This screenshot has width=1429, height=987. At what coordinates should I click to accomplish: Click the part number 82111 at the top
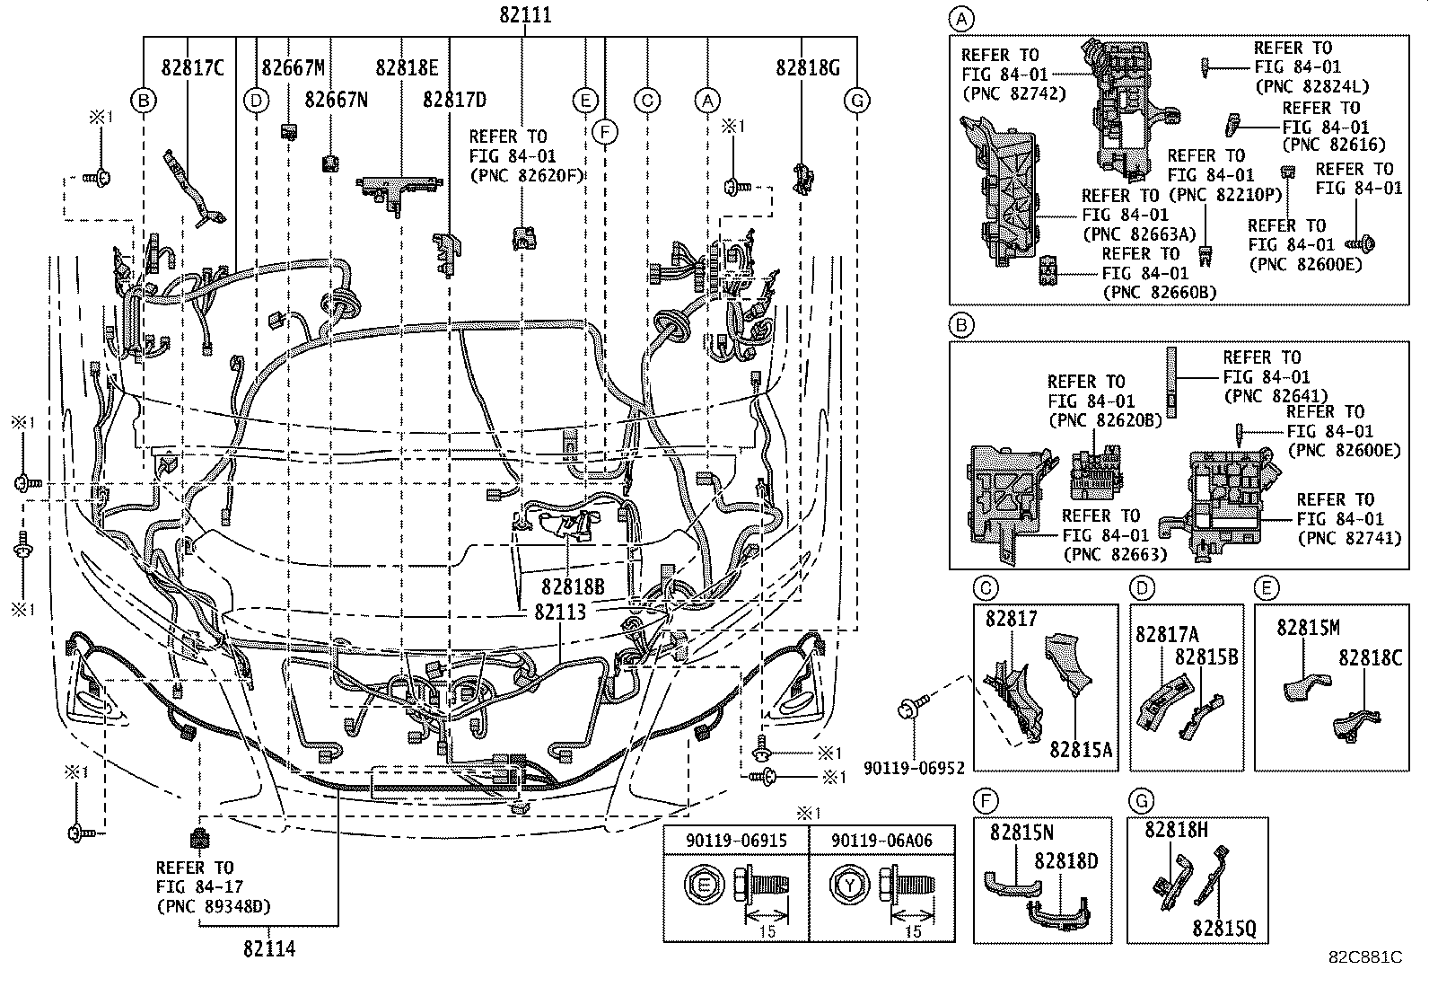(525, 14)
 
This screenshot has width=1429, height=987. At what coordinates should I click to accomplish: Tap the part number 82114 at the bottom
(269, 948)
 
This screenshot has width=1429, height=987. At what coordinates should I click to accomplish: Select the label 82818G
(808, 67)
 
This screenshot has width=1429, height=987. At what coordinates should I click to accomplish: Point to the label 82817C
(193, 67)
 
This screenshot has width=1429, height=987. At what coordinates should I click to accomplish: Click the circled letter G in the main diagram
(856, 101)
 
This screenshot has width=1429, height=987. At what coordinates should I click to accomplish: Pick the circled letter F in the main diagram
(605, 132)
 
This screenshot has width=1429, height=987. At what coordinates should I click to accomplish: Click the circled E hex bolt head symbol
(705, 886)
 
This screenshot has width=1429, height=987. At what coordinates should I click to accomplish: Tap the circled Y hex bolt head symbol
(849, 886)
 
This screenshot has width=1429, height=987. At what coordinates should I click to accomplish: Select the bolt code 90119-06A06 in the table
(881, 841)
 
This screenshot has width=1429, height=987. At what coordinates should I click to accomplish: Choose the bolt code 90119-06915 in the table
(736, 841)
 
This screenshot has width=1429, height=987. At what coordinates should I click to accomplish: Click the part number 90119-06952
(914, 768)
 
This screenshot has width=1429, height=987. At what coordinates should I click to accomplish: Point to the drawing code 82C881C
(1366, 957)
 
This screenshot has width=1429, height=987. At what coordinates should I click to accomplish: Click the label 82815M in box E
(1308, 628)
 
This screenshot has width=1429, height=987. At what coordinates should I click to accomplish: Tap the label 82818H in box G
(1177, 829)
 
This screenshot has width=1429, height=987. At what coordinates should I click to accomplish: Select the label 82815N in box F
(1022, 833)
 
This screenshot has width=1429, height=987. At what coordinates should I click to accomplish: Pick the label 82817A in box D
(1167, 634)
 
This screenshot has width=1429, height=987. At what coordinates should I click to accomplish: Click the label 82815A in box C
(1081, 749)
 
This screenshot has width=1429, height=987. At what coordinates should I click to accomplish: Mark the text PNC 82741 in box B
(1350, 538)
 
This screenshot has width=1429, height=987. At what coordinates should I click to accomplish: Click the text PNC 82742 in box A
(1014, 93)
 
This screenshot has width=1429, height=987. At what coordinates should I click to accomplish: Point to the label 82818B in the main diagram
(573, 586)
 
